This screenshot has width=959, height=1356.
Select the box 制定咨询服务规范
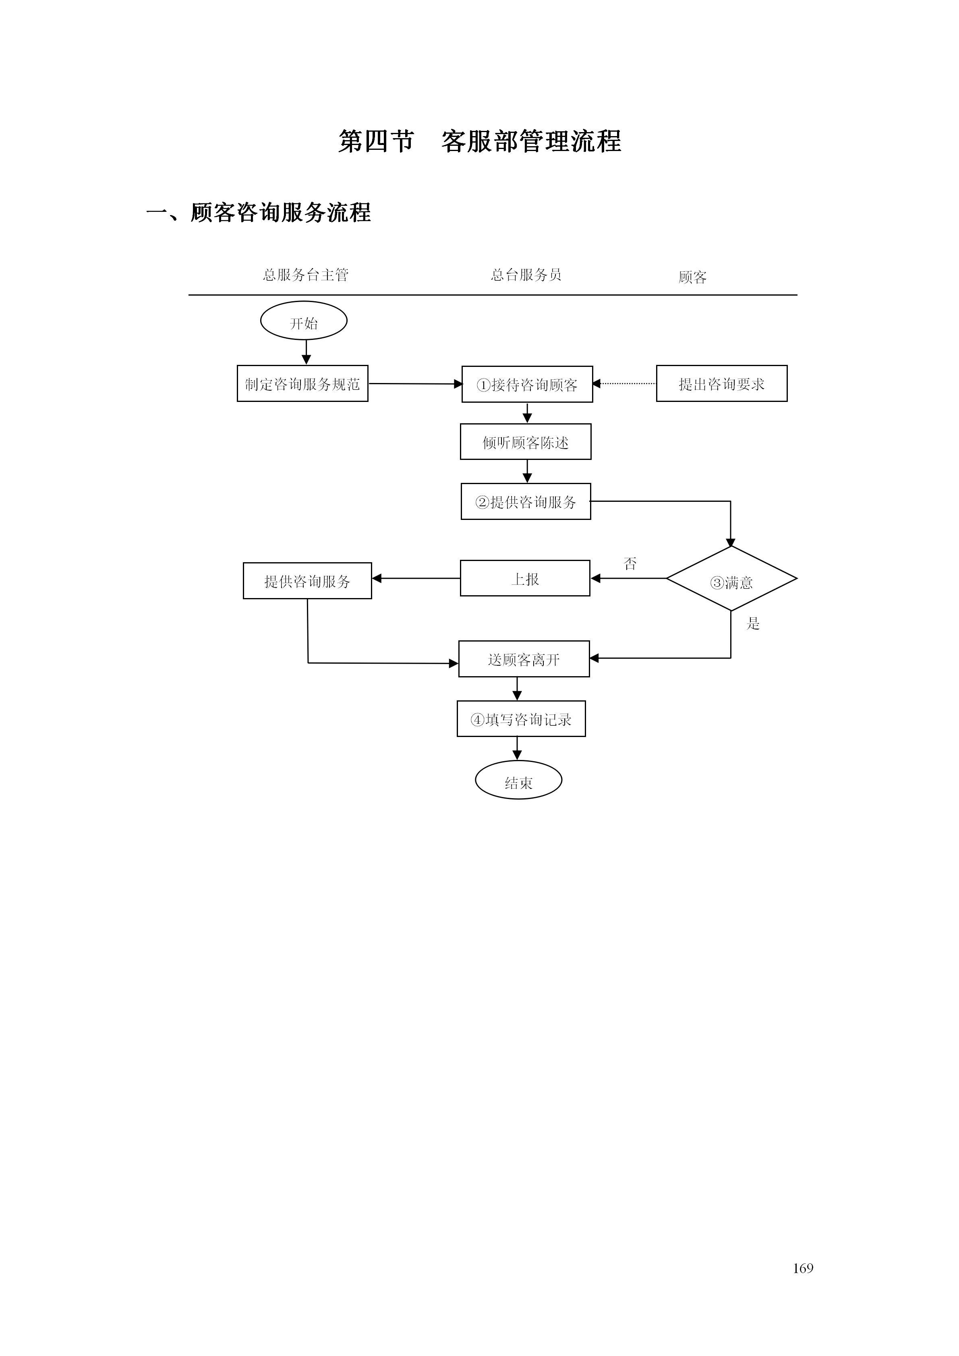tap(302, 384)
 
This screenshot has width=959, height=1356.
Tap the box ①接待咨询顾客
tap(527, 385)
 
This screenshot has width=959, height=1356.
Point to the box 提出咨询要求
tap(722, 384)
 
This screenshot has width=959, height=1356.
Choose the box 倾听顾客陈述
tap(526, 442)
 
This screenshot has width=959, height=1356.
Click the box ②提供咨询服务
tap(526, 501)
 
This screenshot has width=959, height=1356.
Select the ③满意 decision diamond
tap(731, 579)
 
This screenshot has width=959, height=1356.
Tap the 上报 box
tap(525, 578)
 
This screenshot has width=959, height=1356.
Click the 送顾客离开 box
tap(524, 658)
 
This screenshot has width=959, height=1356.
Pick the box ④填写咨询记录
tap(521, 719)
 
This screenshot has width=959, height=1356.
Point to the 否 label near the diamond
tap(630, 563)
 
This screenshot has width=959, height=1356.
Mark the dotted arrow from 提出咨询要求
tap(625, 384)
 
